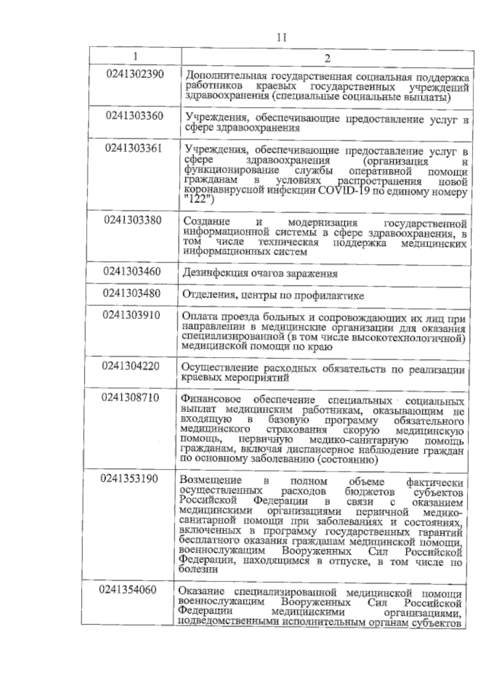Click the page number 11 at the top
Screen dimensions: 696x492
[281, 37]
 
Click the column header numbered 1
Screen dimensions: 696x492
[135, 56]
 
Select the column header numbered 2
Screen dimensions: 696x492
[327, 57]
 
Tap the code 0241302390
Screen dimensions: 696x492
[135, 75]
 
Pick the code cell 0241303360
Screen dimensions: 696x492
[134, 116]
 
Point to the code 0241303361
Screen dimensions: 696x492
[134, 148]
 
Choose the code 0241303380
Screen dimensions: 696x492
[133, 220]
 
